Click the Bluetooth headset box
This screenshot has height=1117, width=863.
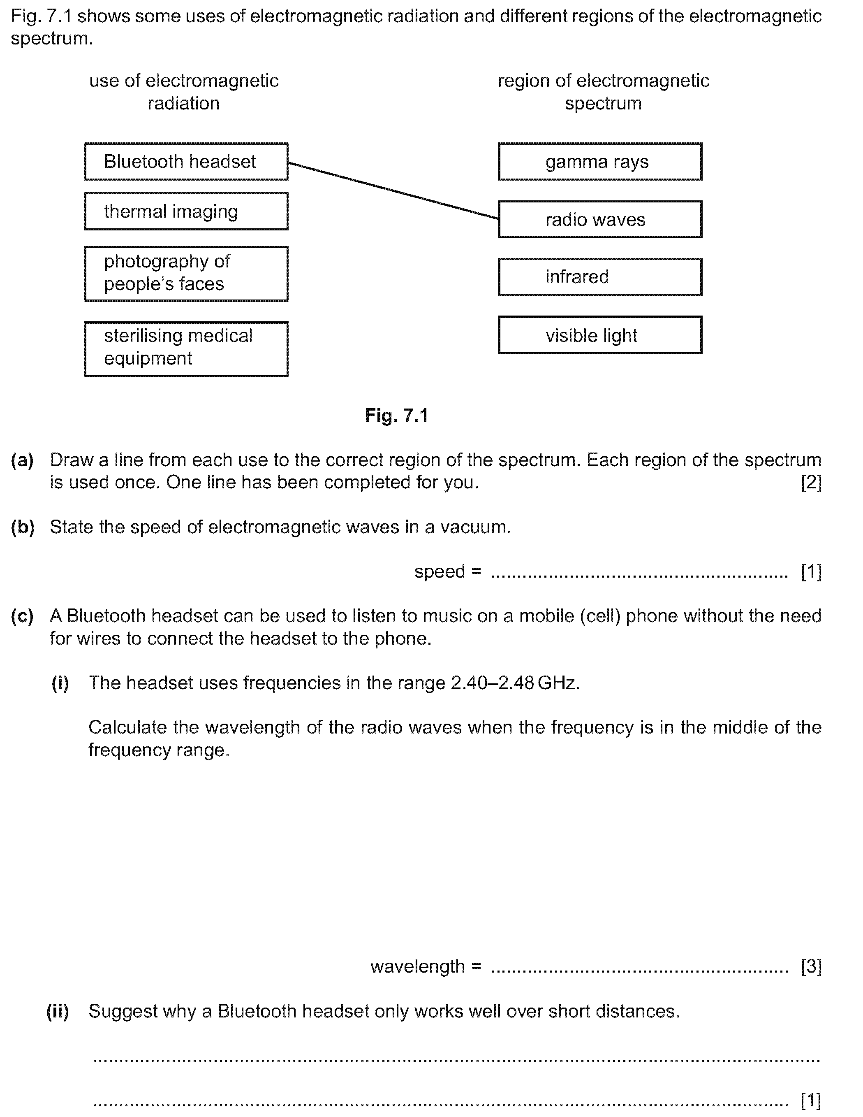click(186, 162)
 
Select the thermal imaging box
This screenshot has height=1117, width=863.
click(186, 211)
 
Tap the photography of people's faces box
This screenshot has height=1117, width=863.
click(186, 274)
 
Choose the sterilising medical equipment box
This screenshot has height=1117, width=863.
click(186, 349)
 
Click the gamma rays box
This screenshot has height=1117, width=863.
click(600, 162)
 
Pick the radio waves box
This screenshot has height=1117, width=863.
click(600, 219)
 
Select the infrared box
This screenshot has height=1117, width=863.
click(600, 277)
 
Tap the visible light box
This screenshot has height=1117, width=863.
click(600, 335)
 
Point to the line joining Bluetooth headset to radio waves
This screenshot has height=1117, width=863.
click(393, 191)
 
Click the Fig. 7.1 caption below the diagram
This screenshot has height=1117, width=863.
click(396, 415)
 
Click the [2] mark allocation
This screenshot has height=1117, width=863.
click(811, 482)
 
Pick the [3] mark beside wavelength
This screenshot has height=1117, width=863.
click(811, 966)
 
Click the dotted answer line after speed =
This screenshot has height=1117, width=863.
click(639, 574)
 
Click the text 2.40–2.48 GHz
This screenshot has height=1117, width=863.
click(515, 683)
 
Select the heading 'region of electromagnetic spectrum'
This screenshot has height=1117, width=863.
click(603, 92)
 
